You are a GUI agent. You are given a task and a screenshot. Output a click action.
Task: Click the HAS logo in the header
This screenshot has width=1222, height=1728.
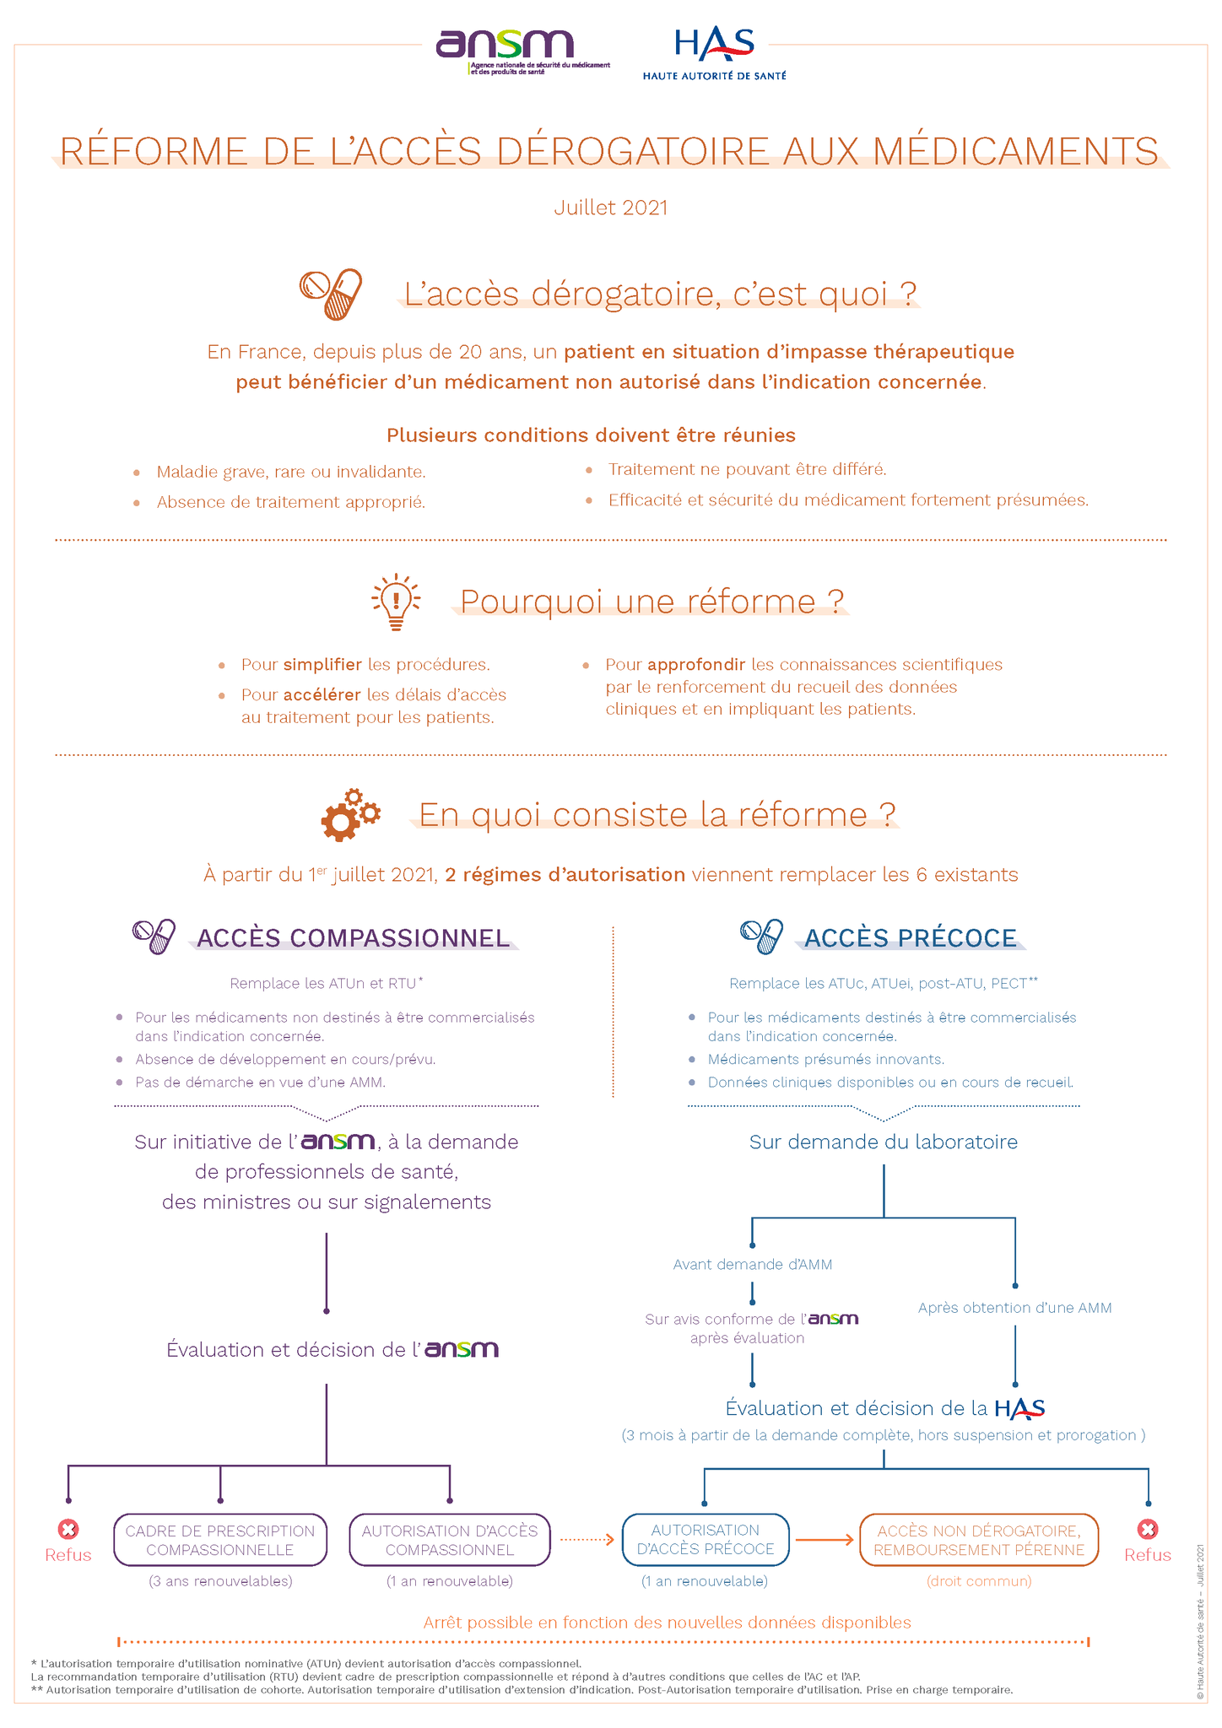pos(715,52)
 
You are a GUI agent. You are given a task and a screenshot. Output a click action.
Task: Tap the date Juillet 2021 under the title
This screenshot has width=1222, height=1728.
pos(611,208)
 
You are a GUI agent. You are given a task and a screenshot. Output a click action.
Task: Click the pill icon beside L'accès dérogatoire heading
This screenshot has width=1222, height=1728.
pos(331,294)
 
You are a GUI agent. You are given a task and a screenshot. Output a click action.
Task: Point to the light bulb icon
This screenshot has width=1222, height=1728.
pos(396,602)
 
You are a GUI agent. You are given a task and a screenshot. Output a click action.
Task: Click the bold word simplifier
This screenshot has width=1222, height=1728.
pos(322,664)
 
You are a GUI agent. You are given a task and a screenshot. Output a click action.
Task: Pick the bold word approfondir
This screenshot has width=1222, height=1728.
pos(696,664)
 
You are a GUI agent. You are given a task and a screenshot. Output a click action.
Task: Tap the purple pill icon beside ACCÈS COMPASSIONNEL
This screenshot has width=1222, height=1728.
pos(154,937)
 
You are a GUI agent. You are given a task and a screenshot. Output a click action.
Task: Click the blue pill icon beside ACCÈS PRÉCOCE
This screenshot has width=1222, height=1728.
pos(761,937)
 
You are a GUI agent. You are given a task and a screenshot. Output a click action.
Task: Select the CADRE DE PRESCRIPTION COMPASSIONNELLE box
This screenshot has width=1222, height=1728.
pos(220,1540)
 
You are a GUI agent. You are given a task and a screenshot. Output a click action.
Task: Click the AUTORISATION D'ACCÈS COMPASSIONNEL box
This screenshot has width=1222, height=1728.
pos(450,1540)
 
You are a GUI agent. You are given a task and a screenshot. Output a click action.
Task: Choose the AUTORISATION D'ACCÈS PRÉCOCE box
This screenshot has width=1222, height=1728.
pos(706,1540)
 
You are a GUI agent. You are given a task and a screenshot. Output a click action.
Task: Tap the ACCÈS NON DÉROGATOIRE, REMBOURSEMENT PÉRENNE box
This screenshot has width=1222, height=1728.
pos(979,1540)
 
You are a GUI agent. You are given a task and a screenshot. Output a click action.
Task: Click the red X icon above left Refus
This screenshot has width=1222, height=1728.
pos(68,1529)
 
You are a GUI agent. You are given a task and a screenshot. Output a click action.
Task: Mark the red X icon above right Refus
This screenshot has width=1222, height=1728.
pos(1148,1529)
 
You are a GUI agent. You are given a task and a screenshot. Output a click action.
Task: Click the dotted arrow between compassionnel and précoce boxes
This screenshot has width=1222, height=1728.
pos(587,1540)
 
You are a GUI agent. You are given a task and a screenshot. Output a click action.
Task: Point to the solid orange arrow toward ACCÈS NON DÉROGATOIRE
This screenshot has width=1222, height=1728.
pos(825,1540)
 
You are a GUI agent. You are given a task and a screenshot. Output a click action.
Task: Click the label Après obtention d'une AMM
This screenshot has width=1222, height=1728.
pos(1015,1308)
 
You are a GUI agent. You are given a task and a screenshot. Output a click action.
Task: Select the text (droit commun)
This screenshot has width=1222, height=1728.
pos(979,1581)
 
